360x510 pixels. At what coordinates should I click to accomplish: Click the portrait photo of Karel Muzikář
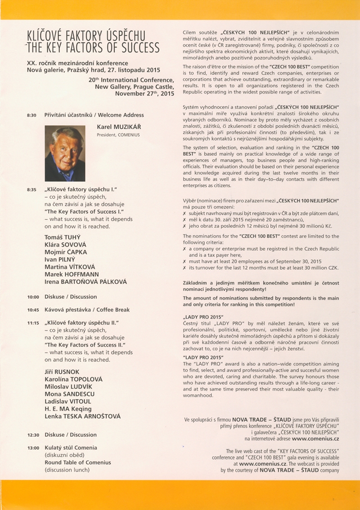click(65, 153)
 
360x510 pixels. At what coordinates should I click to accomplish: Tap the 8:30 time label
click(31, 116)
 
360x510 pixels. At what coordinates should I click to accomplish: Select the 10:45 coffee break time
click(33, 310)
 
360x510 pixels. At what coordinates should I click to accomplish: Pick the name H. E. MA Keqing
click(68, 409)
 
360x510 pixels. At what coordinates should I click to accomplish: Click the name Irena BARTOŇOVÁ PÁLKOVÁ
click(85, 282)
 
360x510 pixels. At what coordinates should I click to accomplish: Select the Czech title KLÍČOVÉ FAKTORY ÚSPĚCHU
click(86, 35)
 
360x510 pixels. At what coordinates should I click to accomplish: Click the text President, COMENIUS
click(118, 135)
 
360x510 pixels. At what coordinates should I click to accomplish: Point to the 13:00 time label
click(33, 448)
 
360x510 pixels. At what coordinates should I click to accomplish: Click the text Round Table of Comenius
click(77, 462)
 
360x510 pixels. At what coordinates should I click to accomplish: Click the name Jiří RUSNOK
click(63, 372)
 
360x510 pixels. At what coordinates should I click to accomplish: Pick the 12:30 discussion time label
click(33, 435)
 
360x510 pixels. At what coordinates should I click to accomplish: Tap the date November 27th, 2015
click(144, 94)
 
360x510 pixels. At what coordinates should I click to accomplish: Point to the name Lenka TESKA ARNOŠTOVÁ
click(82, 417)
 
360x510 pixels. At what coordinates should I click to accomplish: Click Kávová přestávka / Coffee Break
click(87, 310)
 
